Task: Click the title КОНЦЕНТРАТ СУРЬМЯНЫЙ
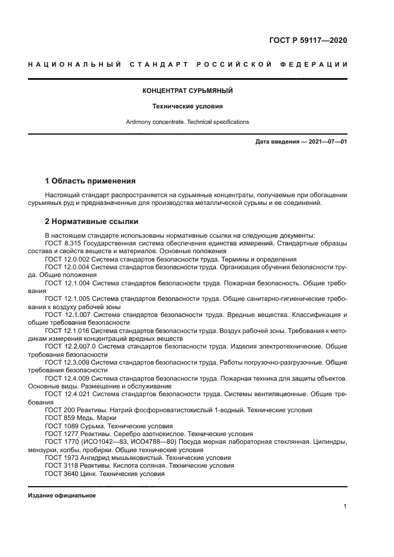coord(187,91)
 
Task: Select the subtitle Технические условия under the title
coord(187,107)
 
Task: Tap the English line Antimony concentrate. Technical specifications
coord(187,122)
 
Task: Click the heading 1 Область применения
coord(90,181)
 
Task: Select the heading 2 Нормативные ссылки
coord(91,222)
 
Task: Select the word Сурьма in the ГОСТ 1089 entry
coord(98,426)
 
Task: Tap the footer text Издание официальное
coord(61,496)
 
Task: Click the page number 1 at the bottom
coord(345,506)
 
